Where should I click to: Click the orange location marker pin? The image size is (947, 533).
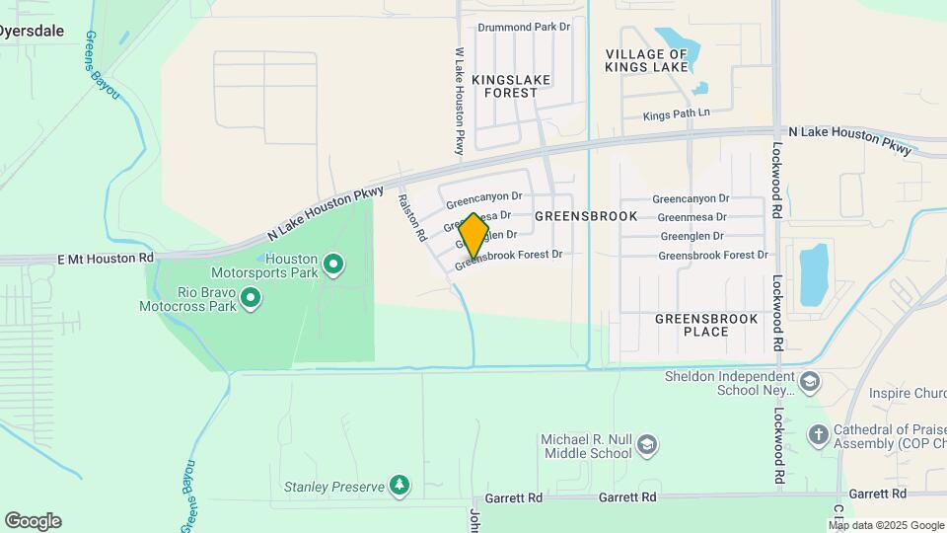(473, 235)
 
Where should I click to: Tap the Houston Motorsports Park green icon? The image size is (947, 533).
(333, 264)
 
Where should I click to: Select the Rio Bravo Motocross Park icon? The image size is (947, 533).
(251, 296)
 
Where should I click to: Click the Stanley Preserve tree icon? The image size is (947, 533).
(399, 485)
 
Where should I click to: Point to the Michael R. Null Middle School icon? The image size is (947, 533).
(647, 444)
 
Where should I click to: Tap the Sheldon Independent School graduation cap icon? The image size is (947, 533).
(810, 381)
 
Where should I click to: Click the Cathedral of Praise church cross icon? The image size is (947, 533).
(818, 434)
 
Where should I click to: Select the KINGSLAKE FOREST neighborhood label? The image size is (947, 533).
(510, 85)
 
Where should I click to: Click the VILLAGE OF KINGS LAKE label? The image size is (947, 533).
(646, 60)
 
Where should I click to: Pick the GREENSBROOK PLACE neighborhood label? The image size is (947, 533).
(706, 325)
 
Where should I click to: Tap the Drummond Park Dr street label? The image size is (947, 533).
(524, 28)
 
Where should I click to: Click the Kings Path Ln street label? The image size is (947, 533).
(676, 115)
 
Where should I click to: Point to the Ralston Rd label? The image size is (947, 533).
(411, 217)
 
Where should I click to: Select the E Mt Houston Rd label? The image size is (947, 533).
(106, 258)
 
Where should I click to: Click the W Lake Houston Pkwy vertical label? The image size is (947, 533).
(459, 102)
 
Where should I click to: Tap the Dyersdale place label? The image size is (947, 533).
(32, 31)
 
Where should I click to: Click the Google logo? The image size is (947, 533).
(33, 520)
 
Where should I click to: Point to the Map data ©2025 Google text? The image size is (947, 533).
(885, 525)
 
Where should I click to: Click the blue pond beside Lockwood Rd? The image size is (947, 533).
(814, 275)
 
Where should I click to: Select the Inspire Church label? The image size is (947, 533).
(907, 394)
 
